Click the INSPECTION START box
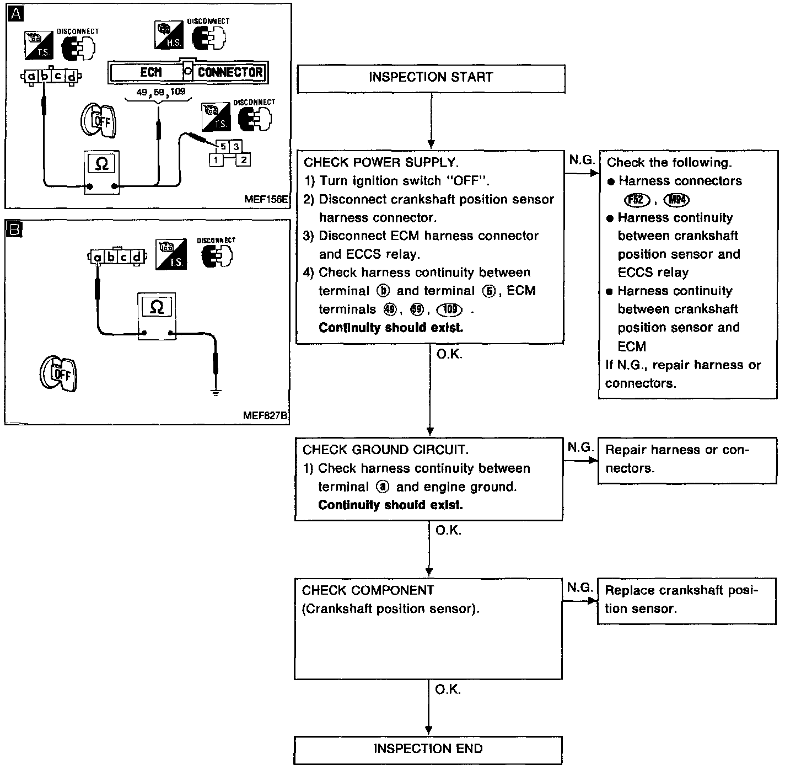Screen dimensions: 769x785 click(431, 78)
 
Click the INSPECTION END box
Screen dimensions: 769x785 click(428, 749)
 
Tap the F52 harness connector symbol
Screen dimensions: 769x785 click(636, 200)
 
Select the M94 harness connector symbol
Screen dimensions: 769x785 click(677, 200)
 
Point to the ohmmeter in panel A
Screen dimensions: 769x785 click(101, 170)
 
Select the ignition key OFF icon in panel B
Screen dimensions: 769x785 click(58, 374)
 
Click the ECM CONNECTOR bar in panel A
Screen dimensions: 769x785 click(187, 72)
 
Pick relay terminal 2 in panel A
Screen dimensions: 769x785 click(243, 160)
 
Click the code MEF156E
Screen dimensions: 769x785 click(266, 200)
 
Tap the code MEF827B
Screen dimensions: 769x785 click(265, 415)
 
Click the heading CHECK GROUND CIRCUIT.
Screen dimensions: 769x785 click(385, 450)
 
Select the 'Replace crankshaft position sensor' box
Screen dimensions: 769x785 click(686, 600)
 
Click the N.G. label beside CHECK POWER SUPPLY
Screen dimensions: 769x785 click(581, 160)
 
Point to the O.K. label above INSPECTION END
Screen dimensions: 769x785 click(447, 690)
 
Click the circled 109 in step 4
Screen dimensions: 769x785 click(450, 309)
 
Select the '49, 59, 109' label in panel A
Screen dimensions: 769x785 click(160, 92)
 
